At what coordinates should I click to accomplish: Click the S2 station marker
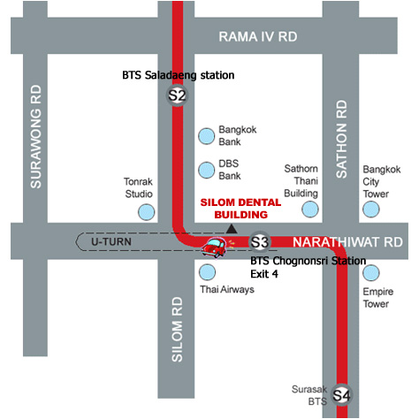click(x=177, y=95)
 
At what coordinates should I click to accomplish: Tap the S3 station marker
click(x=260, y=242)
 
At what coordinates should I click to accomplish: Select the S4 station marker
click(x=341, y=395)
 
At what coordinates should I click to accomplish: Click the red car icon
click(x=214, y=248)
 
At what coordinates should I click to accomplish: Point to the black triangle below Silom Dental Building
click(x=232, y=229)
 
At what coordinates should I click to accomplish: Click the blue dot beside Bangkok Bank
click(x=206, y=136)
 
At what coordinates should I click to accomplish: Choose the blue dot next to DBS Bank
click(x=206, y=170)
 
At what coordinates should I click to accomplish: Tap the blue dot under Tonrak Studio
click(x=147, y=212)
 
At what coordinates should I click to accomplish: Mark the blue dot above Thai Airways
click(x=207, y=272)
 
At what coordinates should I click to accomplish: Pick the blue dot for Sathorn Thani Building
click(x=310, y=209)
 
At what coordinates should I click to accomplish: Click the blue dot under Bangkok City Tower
click(x=370, y=209)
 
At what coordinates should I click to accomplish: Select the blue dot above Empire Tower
click(x=371, y=272)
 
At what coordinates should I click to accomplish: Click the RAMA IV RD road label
click(x=258, y=37)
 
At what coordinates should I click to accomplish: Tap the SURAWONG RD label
click(x=35, y=136)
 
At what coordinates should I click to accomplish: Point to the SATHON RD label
click(x=341, y=139)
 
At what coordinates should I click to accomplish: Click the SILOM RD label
click(x=177, y=329)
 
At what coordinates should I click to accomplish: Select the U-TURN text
click(x=111, y=242)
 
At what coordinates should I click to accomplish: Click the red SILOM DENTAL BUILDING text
click(x=240, y=209)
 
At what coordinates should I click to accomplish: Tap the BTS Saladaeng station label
click(x=179, y=75)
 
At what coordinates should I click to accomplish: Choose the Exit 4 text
click(x=264, y=274)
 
